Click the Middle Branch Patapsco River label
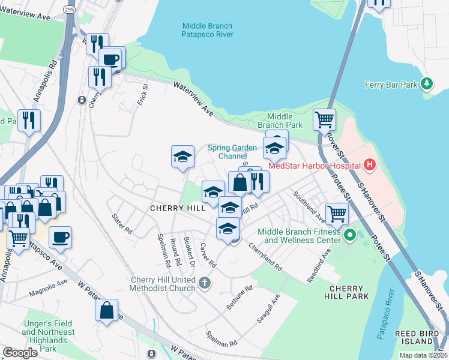[207, 30]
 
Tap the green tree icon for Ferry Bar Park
[427, 84]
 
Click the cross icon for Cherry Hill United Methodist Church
[205, 282]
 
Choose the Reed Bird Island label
[422, 337]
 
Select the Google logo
[20, 352]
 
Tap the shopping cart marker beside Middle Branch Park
[325, 119]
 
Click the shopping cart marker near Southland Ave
[337, 212]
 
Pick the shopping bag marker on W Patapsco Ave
[106, 310]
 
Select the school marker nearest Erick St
[182, 157]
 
